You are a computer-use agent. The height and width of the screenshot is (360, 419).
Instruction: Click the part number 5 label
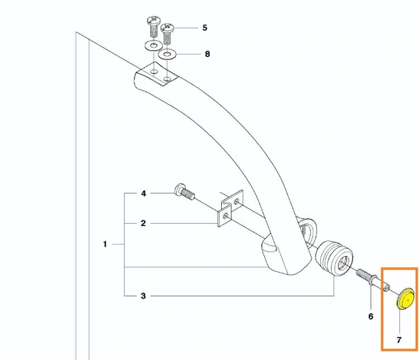point(204,28)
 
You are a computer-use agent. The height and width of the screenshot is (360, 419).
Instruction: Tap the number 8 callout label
point(207,54)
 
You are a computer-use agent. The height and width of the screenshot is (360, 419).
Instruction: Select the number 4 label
point(144,193)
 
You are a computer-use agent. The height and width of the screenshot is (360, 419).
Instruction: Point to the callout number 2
point(143,223)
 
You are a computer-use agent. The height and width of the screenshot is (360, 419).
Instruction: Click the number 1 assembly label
point(105,244)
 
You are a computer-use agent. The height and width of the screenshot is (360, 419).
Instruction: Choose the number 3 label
point(143,296)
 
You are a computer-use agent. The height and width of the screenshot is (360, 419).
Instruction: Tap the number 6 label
point(370,316)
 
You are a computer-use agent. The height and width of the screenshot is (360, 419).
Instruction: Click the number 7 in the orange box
point(399,340)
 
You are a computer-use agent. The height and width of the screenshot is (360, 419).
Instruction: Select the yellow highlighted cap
point(405,299)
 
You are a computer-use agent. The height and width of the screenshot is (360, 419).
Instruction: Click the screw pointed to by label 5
point(167,35)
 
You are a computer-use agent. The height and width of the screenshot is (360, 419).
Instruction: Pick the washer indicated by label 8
point(167,55)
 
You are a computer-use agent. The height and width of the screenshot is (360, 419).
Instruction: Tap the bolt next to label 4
point(184,192)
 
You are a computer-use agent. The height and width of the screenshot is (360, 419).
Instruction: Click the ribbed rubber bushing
point(334,258)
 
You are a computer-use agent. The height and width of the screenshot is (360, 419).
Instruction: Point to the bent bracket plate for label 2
point(230,208)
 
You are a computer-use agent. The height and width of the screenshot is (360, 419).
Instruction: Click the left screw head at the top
point(154,20)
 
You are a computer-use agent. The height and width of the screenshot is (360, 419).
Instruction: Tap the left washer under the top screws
point(154,45)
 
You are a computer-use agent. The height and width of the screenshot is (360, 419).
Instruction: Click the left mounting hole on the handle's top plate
point(154,71)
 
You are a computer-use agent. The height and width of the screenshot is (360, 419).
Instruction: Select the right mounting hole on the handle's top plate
point(167,79)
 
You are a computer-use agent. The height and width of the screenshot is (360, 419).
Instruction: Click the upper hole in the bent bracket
point(236,201)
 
